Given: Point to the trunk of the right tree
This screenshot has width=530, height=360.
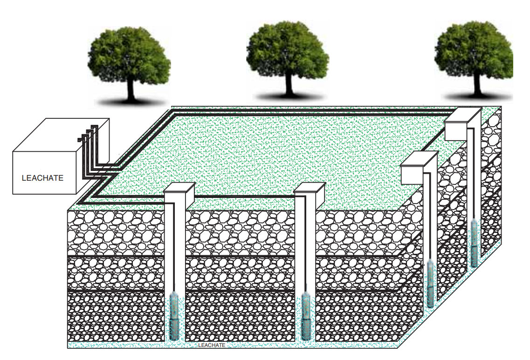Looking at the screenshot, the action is pos(477,84).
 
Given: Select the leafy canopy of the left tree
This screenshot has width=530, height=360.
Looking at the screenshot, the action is pos(129,54).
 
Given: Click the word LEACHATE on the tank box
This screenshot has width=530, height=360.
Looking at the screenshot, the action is pos(42,178).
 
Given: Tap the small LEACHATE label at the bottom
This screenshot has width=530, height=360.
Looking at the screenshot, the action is pos(212,345).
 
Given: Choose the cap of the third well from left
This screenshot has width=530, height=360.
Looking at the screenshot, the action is pos(419,167).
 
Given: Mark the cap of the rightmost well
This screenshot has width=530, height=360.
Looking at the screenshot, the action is pos(463,124).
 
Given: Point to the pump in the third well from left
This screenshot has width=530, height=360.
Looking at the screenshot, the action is pos(430,284).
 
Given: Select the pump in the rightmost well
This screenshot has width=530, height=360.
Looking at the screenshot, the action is pos(475,243).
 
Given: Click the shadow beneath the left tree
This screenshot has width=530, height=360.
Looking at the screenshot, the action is pos(131,102).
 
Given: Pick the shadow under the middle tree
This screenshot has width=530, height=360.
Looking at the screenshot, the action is pos(289,96).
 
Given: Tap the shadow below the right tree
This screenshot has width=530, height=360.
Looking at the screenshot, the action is pos(477,97).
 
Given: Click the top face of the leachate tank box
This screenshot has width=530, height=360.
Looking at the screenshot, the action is pos(61,135).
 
